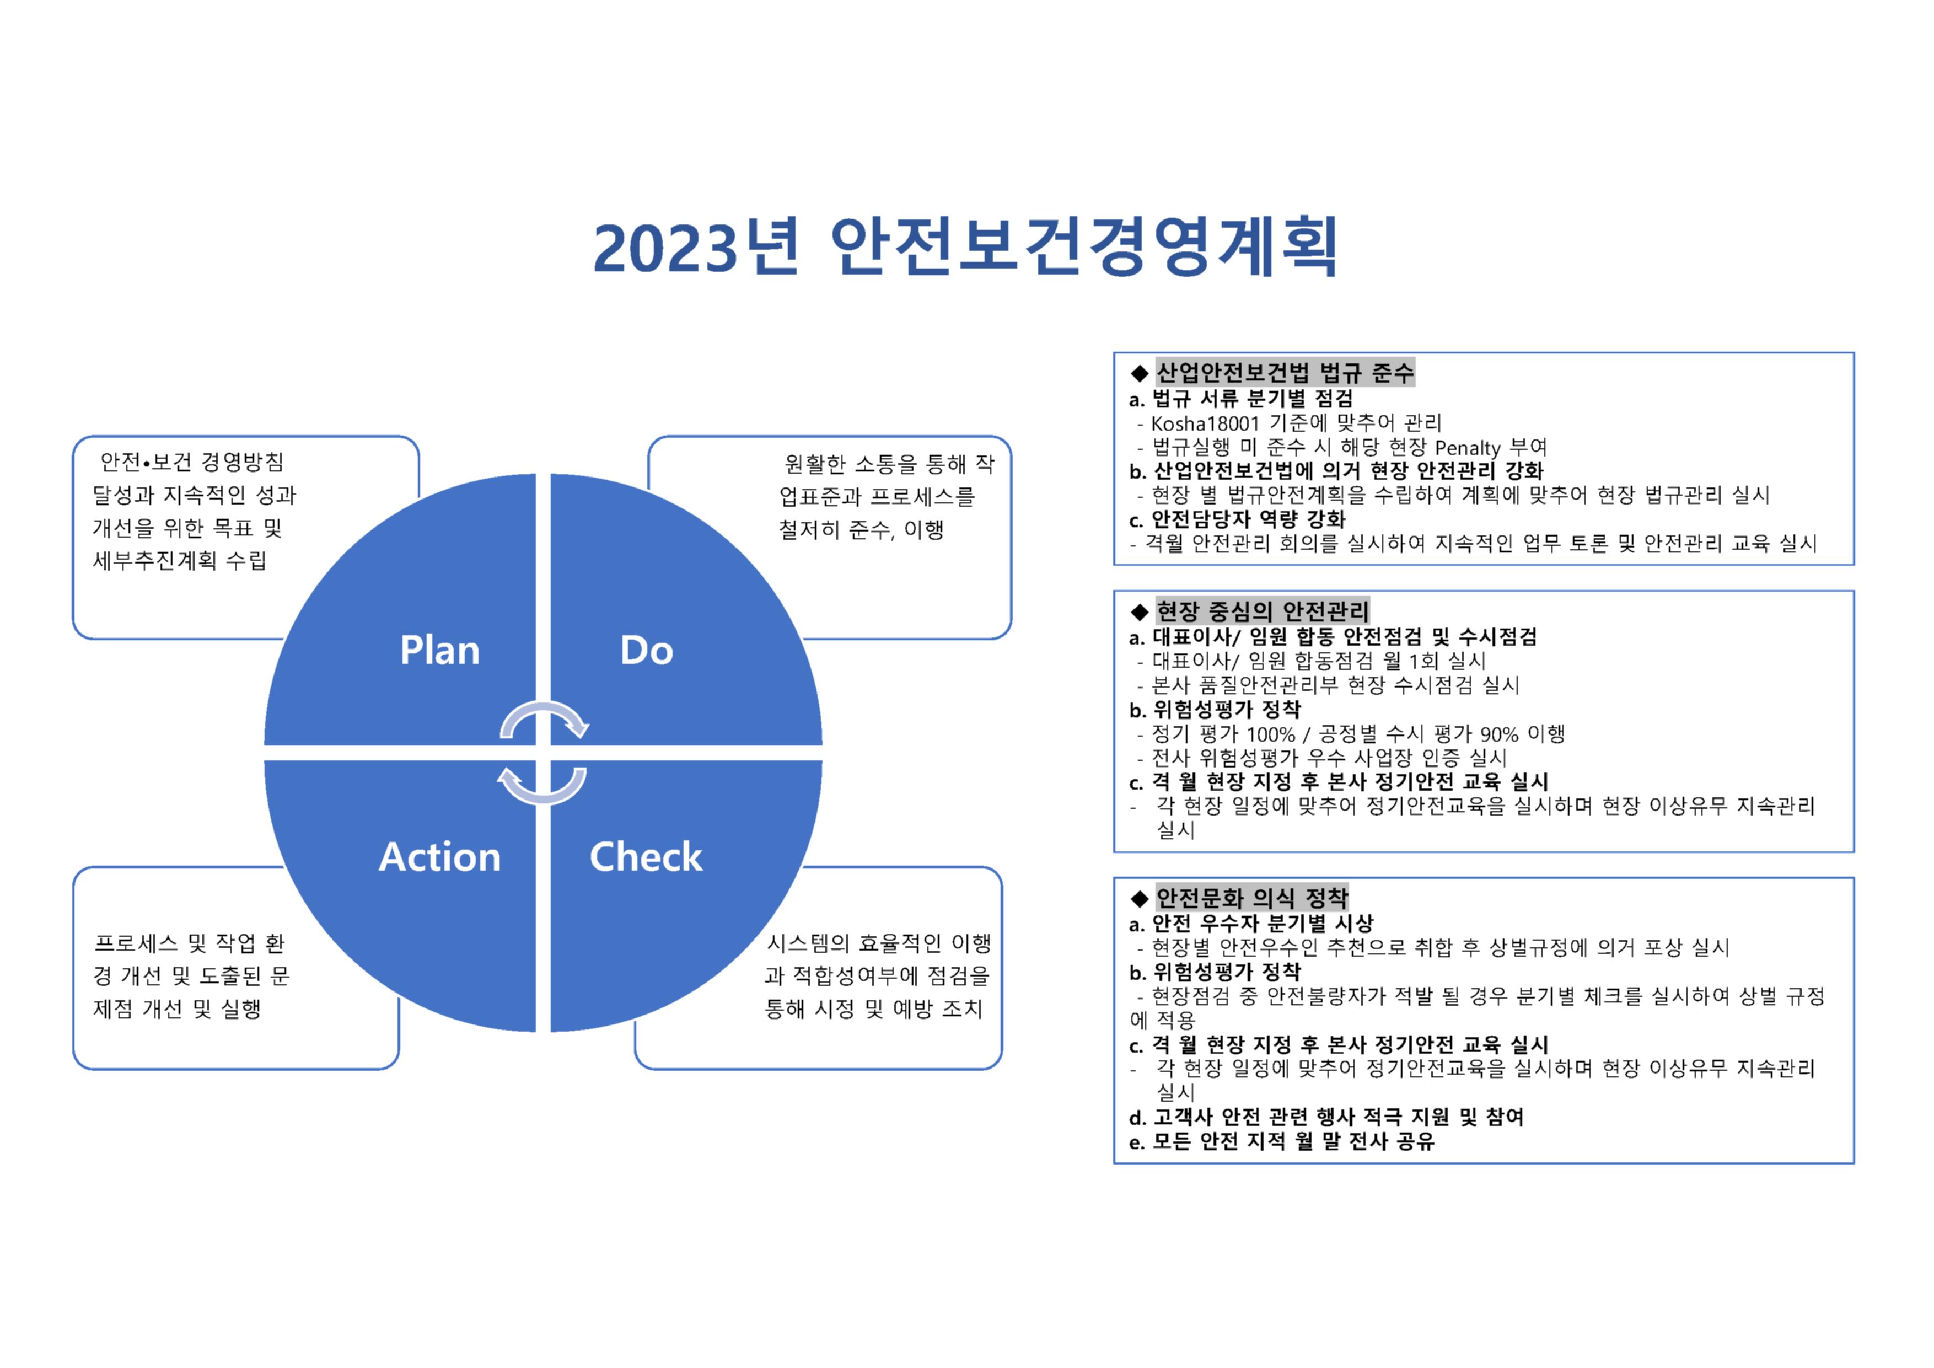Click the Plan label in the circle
(x=440, y=650)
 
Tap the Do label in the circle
(x=647, y=650)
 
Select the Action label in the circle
(x=440, y=857)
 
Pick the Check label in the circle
(x=646, y=857)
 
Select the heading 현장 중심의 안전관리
(x=1262, y=611)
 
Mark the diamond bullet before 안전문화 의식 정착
(x=1140, y=898)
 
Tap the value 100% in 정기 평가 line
(x=1270, y=734)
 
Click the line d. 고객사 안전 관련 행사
(x=1326, y=1117)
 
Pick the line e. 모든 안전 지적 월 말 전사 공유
(x=1281, y=1141)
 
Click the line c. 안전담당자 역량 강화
(x=1237, y=519)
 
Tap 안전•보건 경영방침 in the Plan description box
(x=192, y=462)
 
